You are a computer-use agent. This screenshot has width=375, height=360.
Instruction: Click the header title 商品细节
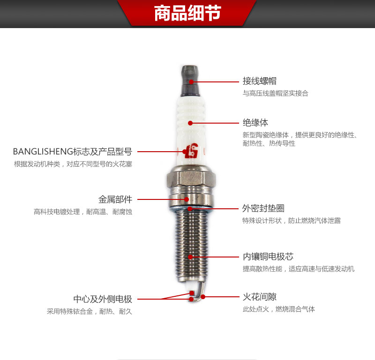point(187,13)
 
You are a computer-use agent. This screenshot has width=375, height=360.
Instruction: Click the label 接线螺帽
point(260,81)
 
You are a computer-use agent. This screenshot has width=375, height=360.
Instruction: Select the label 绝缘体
point(255,123)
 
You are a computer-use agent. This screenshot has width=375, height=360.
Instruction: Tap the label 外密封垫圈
point(263,208)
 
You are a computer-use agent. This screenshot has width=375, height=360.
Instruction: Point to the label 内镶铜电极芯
point(268,257)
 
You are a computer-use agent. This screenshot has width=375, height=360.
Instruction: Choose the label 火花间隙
point(260,297)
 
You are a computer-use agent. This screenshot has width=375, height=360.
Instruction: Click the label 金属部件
point(115,199)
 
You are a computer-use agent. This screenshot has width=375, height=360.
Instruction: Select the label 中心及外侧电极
point(103,299)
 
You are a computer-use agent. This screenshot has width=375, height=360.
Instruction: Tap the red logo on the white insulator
point(192,151)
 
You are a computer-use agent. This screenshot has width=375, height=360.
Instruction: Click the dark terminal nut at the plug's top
point(190,81)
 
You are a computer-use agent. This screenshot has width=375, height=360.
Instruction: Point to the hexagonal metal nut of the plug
point(191,178)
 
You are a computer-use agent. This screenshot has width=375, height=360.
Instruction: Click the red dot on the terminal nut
point(191,82)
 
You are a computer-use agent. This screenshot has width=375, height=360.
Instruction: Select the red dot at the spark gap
point(203,297)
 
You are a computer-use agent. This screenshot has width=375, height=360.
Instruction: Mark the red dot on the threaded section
point(190,257)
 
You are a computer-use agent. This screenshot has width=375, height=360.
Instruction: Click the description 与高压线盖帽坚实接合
point(276,93)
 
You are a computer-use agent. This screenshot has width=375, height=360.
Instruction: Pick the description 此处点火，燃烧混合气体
point(278,309)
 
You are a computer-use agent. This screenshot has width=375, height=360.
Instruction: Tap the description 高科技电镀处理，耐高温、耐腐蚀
point(83,212)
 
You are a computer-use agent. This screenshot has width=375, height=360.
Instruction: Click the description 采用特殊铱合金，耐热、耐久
point(90,311)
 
